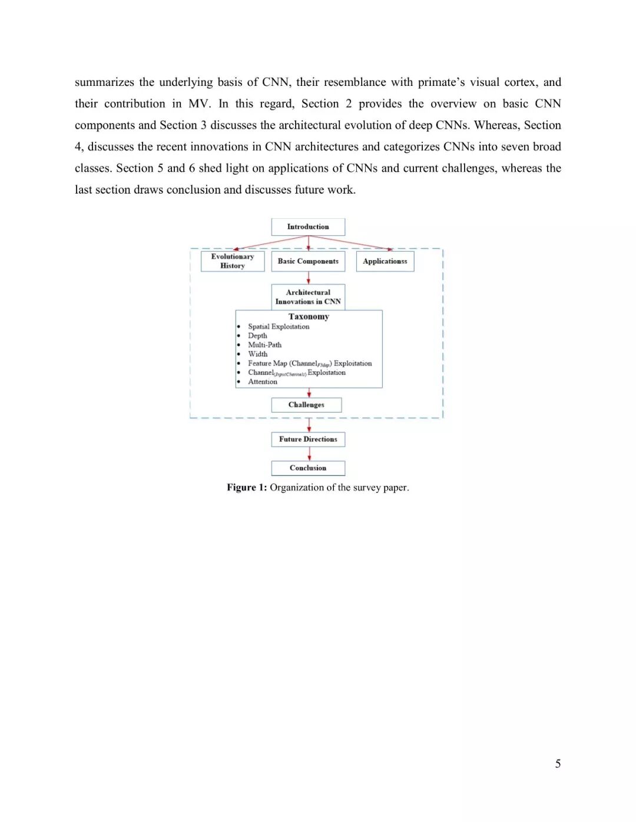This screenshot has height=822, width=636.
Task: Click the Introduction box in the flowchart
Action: [x=308, y=227]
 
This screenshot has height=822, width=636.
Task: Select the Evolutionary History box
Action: [x=233, y=261]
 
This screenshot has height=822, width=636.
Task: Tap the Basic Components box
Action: [x=308, y=261]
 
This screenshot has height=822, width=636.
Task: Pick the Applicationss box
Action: [x=385, y=261]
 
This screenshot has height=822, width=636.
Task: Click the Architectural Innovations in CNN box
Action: [x=308, y=297]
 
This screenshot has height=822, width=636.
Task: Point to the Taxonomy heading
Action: [x=309, y=317]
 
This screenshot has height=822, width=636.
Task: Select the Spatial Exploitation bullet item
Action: [x=279, y=327]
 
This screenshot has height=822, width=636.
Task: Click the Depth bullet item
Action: [x=257, y=336]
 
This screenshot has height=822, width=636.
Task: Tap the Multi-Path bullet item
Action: [x=264, y=345]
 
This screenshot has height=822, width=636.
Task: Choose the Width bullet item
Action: [x=257, y=354]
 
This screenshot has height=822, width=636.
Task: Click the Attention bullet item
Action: [x=263, y=382]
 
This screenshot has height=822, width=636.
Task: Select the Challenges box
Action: [x=306, y=405]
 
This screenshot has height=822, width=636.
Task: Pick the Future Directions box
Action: [x=308, y=440]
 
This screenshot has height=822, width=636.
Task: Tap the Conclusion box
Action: [x=308, y=468]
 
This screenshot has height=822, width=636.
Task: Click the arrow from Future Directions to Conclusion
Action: [x=309, y=454]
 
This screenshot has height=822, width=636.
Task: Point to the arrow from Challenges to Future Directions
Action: [x=309, y=425]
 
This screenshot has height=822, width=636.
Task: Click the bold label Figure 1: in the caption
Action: [x=247, y=488]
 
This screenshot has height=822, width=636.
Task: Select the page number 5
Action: [x=558, y=764]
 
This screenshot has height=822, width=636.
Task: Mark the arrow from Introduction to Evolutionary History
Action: [x=271, y=243]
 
